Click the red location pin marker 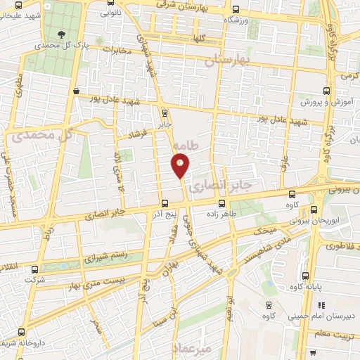(181, 165)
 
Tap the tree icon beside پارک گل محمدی (62, 34)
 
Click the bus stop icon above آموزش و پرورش (325, 91)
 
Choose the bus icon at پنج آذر (165, 203)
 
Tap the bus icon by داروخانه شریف (20, 330)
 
